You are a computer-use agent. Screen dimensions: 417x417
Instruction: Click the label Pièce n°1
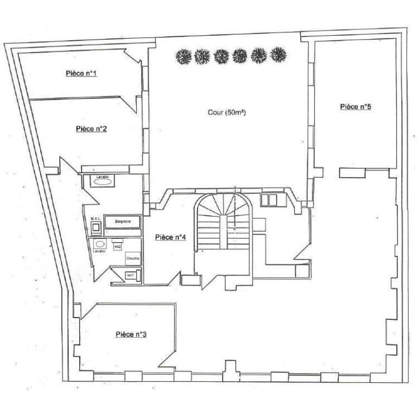(x=81, y=73)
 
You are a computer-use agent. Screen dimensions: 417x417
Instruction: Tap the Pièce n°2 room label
(x=91, y=129)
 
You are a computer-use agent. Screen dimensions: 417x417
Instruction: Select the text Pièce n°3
(x=131, y=334)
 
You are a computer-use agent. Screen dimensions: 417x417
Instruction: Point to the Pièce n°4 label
(x=170, y=237)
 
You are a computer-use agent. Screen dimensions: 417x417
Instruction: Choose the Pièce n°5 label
(x=356, y=106)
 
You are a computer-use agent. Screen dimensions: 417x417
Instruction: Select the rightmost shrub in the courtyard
(x=279, y=55)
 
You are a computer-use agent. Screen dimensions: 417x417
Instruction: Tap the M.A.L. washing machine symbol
(x=97, y=225)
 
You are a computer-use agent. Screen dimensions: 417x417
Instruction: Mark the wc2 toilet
(x=117, y=246)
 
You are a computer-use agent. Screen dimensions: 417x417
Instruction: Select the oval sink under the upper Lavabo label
(x=102, y=183)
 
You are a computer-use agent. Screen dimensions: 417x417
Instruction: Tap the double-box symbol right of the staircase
(x=269, y=199)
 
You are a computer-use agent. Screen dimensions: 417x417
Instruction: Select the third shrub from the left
(x=221, y=55)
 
